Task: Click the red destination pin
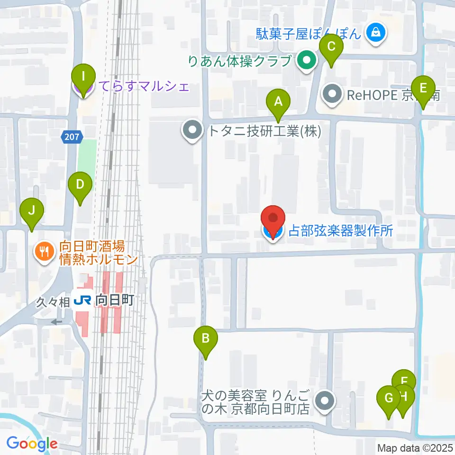coord(273,221)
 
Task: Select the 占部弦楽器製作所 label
coord(341,231)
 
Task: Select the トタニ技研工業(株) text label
coord(265,131)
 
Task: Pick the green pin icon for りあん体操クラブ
coord(307,61)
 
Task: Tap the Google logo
coord(32,444)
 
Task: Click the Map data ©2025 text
coord(416,448)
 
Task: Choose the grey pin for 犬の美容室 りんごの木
coord(325,401)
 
